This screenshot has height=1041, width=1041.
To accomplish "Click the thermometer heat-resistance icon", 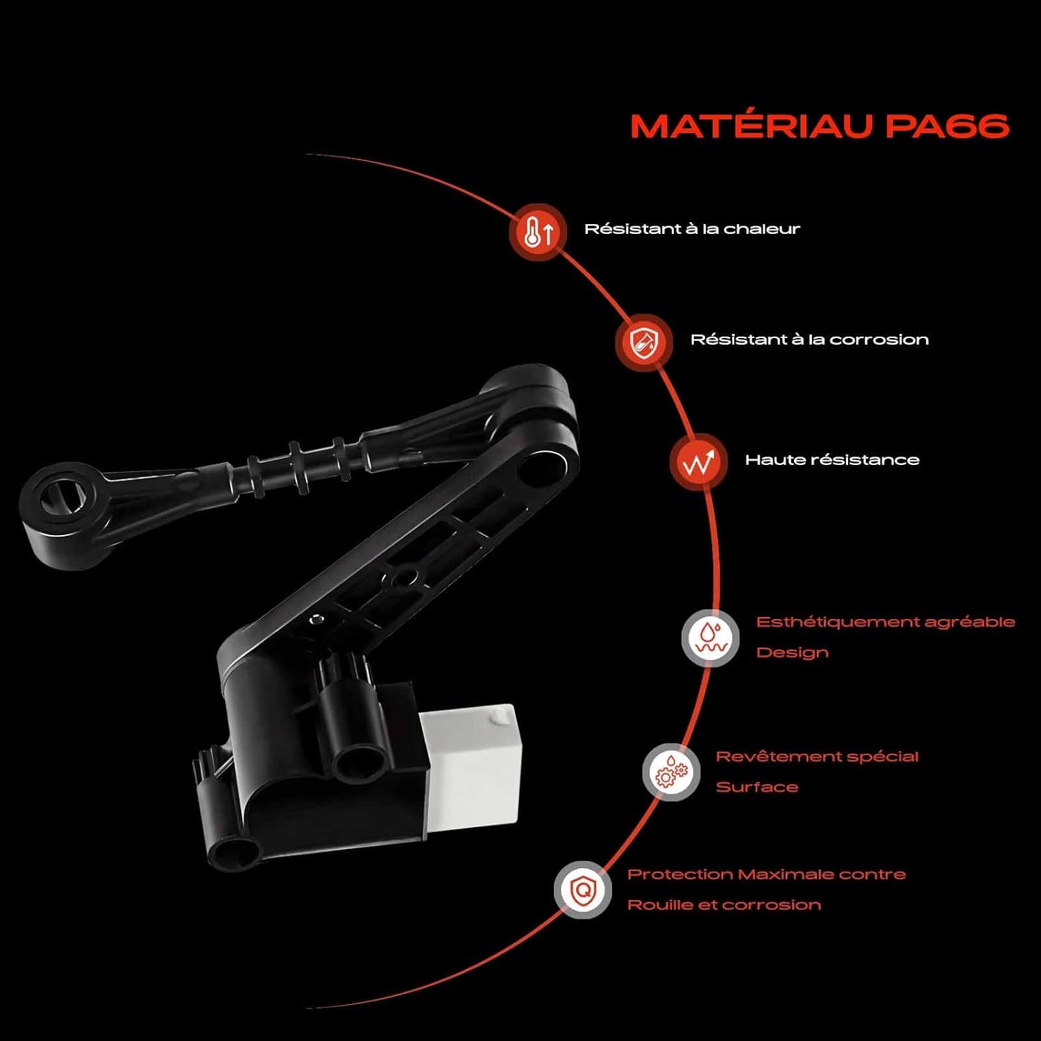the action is [538, 232].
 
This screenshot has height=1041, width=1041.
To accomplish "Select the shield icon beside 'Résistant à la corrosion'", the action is [643, 342].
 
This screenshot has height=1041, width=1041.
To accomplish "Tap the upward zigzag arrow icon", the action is [698, 462].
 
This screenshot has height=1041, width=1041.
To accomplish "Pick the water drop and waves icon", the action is [710, 638].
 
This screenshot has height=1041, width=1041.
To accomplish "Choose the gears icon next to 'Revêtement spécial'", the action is [671, 772].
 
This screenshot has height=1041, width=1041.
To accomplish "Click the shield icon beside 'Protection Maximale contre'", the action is [583, 890].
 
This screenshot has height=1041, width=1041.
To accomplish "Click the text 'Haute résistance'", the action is [832, 459].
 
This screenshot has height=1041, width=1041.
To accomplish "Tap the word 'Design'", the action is [792, 652].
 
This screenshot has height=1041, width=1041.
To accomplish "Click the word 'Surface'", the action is [757, 787].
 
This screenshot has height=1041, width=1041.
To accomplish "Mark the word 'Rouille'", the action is [660, 905].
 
